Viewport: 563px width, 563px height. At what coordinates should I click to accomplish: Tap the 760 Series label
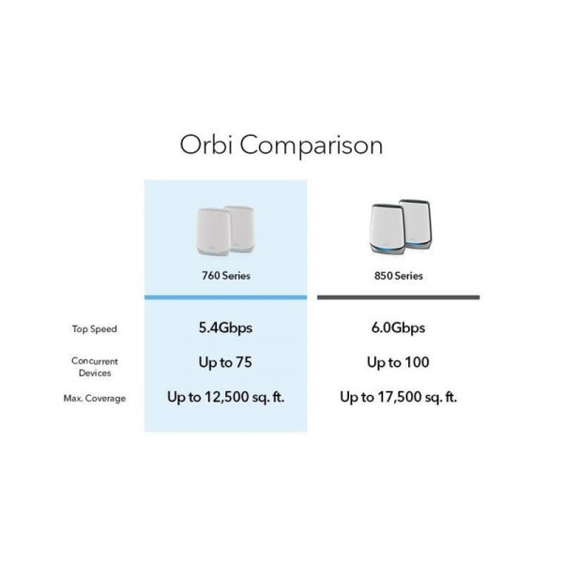225,276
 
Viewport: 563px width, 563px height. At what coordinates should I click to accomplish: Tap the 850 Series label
399,276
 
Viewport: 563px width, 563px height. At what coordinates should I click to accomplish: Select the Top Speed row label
95,328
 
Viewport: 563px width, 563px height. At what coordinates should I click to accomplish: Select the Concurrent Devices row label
95,367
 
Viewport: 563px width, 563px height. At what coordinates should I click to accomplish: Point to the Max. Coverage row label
95,399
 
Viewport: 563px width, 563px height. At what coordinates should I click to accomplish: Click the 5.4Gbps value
225,327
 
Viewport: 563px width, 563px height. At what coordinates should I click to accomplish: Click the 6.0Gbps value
399,327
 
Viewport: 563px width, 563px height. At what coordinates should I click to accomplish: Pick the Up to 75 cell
225,362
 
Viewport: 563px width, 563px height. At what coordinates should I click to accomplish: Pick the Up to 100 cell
399,362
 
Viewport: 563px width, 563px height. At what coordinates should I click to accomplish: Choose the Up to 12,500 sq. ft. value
225,397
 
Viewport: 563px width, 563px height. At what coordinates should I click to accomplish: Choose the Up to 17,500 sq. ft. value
399,397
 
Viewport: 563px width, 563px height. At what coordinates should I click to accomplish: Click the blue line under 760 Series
225,297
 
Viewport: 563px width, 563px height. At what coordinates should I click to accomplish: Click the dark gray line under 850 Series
399,297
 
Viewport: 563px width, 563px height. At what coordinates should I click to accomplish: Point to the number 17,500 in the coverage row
402,397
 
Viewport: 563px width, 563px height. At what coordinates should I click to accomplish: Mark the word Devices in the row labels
95,373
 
